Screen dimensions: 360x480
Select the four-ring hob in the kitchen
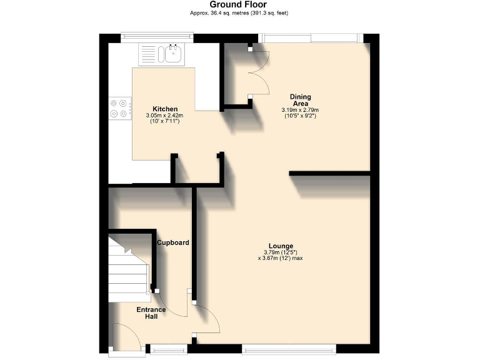pos(119,109)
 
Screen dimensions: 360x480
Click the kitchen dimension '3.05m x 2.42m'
pos(162,116)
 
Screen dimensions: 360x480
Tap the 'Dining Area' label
pos(300,100)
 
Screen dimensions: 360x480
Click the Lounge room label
pos(281,246)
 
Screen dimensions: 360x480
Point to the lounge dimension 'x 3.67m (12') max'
pos(280,257)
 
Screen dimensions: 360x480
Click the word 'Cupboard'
pos(173,242)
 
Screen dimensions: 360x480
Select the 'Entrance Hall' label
pos(152,312)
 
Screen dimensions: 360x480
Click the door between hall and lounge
pos(206,319)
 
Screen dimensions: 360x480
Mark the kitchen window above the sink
pos(157,37)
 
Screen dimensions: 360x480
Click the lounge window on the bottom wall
pos(289,349)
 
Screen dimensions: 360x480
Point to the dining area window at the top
pos(310,38)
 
